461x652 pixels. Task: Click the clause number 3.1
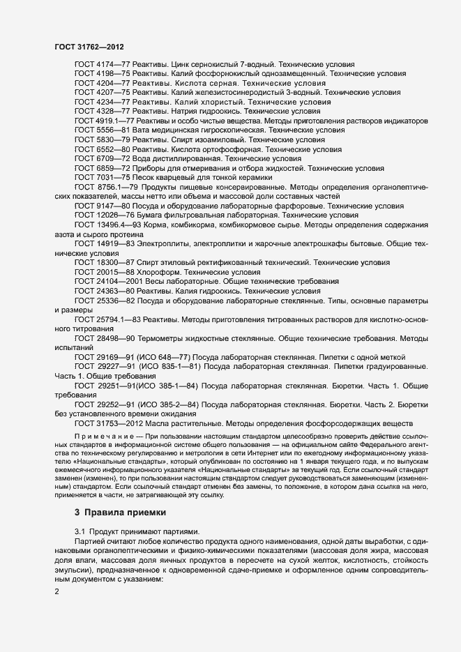(80, 532)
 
